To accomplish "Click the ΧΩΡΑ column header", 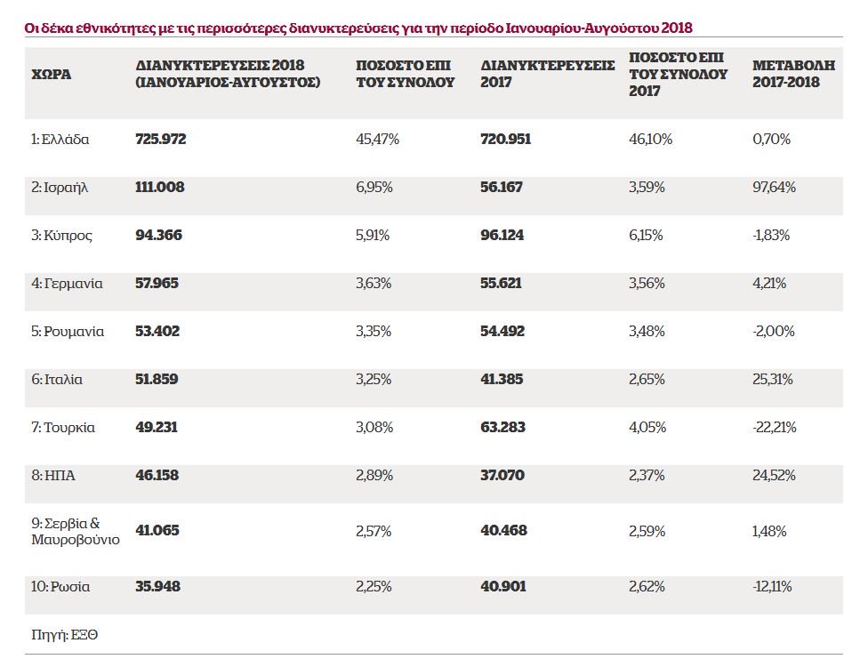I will click(x=51, y=74).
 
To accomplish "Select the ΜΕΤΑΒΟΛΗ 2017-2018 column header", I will click(x=786, y=74).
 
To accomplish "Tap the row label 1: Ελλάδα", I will click(x=60, y=140).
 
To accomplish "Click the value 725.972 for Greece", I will click(x=161, y=140).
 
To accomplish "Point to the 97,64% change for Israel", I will click(x=775, y=188).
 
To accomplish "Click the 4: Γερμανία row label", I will click(x=68, y=284).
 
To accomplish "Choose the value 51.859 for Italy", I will click(x=157, y=380).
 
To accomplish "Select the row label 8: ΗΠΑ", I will click(x=53, y=476).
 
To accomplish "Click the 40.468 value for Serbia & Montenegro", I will click(x=503, y=531).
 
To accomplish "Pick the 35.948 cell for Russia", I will click(x=158, y=587).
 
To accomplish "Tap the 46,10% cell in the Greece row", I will click(x=651, y=140).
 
